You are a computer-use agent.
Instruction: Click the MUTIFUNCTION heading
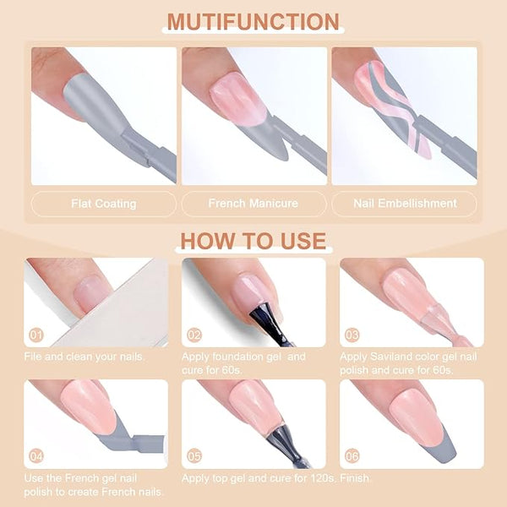[253, 22]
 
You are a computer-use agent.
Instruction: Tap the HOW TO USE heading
[253, 241]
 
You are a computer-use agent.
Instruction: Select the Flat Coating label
[104, 204]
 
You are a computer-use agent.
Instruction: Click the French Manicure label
[253, 204]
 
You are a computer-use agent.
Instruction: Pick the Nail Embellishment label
[405, 204]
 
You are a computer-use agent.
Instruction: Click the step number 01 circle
[36, 335]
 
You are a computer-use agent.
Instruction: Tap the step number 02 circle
[194, 335]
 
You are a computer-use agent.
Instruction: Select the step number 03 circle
[352, 335]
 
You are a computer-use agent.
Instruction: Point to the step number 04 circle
[36, 456]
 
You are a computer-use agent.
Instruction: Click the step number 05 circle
[194, 456]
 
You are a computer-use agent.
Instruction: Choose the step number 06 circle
[352, 456]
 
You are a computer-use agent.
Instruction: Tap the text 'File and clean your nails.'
[84, 357]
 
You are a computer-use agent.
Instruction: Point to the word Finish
[356, 478]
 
